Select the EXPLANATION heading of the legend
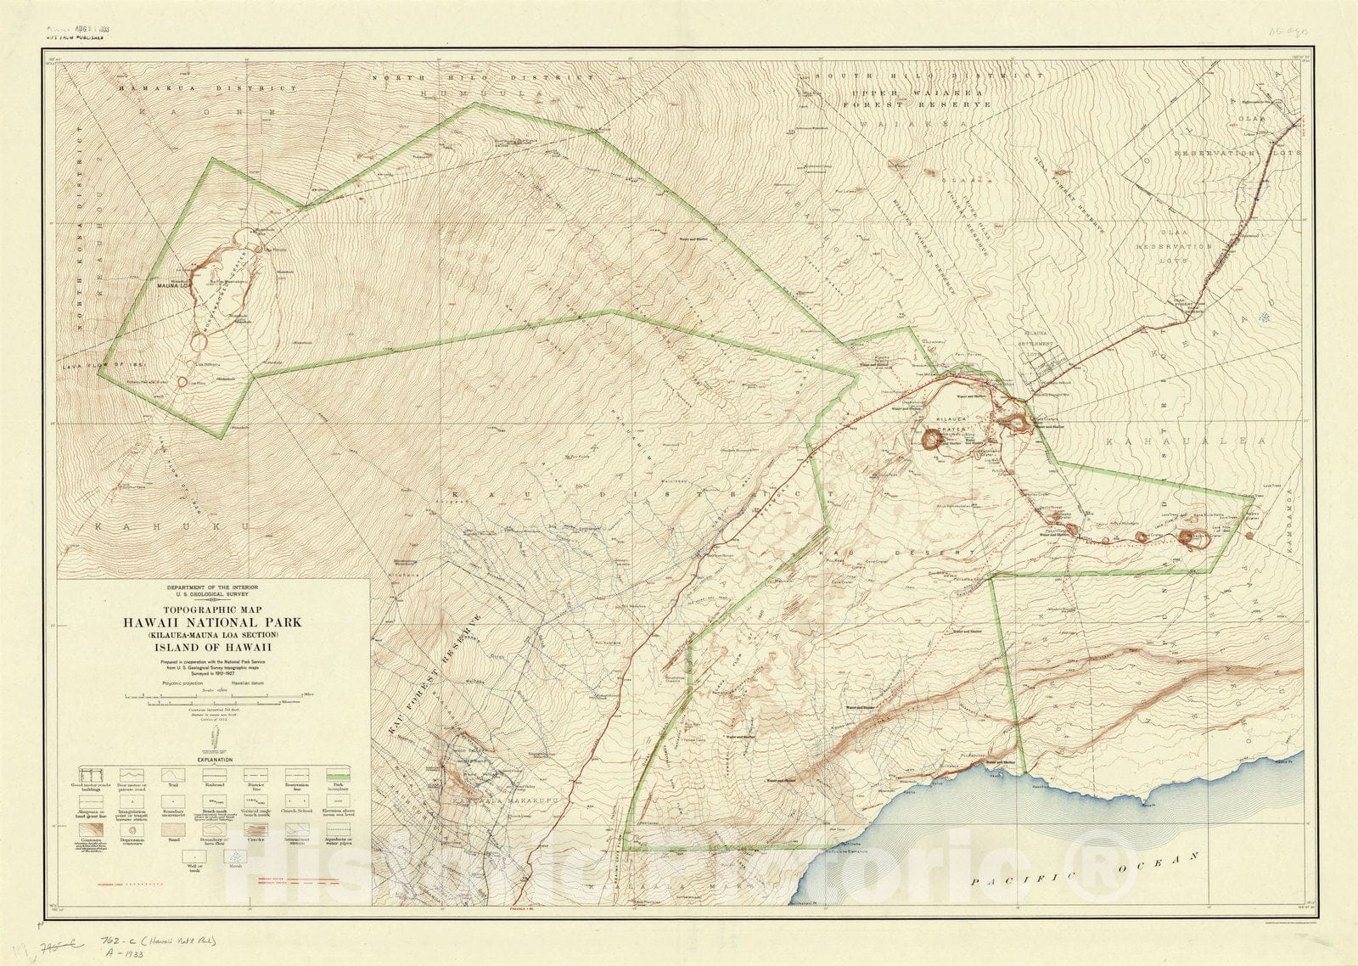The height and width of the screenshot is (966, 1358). tap(214, 759)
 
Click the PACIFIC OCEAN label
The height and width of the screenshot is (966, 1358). tap(1086, 873)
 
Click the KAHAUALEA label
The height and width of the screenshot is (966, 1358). tap(1185, 441)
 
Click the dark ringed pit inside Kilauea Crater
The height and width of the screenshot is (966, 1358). tap(931, 439)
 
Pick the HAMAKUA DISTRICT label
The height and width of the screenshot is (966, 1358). tap(208, 88)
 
